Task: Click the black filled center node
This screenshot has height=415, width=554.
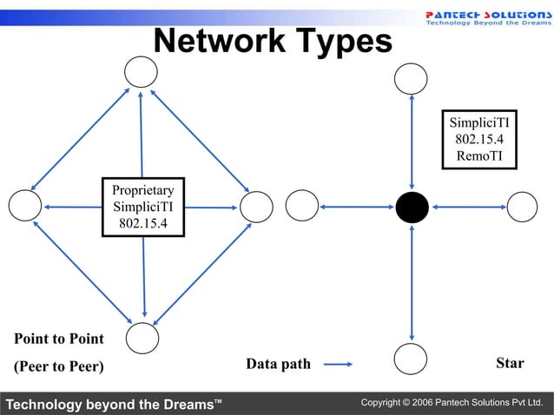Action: click(412, 207)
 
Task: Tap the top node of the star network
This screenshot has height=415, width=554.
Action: click(411, 79)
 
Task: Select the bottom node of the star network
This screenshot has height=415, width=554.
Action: click(411, 358)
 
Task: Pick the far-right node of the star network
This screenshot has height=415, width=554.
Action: click(522, 207)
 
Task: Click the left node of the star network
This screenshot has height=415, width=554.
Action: click(302, 206)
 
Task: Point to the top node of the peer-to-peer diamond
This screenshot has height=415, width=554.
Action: click(141, 71)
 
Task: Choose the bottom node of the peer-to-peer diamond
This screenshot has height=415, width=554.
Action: click(142, 338)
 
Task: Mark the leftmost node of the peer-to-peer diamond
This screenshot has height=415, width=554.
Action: click(25, 206)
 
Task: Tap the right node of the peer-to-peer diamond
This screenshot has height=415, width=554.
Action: click(256, 207)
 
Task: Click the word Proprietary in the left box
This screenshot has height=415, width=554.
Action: click(143, 190)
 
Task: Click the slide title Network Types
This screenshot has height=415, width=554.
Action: click(273, 41)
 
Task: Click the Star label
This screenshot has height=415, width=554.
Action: click(510, 363)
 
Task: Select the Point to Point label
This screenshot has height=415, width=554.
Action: click(59, 339)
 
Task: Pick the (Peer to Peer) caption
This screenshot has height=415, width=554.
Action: click(59, 366)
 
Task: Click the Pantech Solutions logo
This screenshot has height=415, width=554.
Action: click(488, 17)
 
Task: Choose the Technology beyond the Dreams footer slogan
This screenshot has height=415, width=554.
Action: click(113, 404)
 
